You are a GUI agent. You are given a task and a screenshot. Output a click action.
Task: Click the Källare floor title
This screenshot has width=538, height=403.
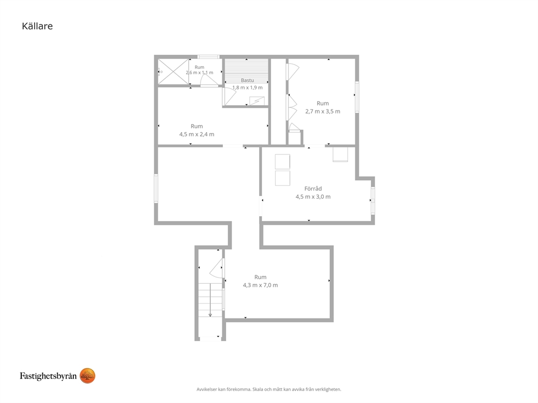click(x=37, y=26)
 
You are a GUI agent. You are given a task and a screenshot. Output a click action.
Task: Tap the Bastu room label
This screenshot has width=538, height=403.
click(x=247, y=80)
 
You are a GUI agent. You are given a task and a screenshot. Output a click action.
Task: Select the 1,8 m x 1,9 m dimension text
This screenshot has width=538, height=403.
click(x=247, y=87)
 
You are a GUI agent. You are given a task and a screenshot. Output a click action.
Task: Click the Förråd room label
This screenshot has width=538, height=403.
click(x=313, y=188)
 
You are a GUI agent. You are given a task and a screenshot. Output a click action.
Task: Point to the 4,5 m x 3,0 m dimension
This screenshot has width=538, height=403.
click(x=313, y=197)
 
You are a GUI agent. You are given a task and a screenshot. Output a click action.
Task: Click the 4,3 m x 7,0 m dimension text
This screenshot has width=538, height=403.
click(x=260, y=285)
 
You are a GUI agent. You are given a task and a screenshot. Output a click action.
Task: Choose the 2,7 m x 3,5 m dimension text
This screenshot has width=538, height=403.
click(x=323, y=112)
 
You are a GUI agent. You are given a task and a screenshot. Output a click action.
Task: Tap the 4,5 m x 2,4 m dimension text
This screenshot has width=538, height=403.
click(x=197, y=134)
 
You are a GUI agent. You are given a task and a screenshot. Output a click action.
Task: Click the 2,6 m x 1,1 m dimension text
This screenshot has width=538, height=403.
click(x=200, y=73)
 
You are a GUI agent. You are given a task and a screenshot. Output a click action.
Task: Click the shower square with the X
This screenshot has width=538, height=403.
click(x=173, y=71)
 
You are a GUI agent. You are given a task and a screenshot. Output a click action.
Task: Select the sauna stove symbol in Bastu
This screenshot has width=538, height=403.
click(x=257, y=101)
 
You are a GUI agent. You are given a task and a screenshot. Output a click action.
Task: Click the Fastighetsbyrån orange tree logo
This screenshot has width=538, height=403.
click(x=87, y=375)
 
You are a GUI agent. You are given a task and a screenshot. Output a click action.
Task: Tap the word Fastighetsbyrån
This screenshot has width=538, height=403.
click(x=48, y=376)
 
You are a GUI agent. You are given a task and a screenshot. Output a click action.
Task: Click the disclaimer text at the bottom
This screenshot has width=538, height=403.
click(x=268, y=389)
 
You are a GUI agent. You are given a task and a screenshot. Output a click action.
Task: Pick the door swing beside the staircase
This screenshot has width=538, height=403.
click(x=216, y=268)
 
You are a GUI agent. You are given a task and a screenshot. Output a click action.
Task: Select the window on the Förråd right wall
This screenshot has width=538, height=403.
click(x=373, y=200)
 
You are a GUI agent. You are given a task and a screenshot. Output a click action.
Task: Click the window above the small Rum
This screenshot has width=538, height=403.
click(x=208, y=57)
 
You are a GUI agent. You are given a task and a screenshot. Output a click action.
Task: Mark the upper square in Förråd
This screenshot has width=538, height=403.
click(x=283, y=162)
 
